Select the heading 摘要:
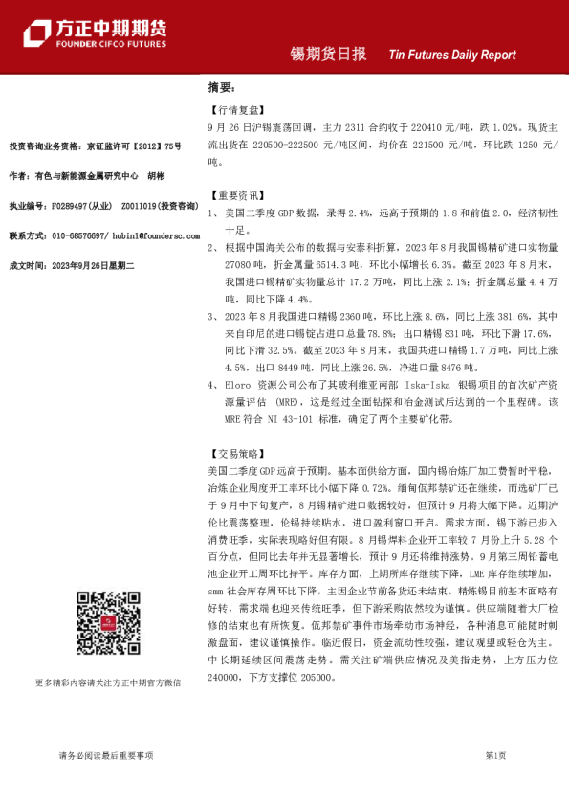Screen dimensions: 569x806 pos(221,87)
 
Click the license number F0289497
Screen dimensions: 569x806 pos(74,206)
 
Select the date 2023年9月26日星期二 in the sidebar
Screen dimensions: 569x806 pos(99,264)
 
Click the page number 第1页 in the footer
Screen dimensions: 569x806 pos(495,755)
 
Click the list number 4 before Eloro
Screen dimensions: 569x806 pos(212,385)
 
